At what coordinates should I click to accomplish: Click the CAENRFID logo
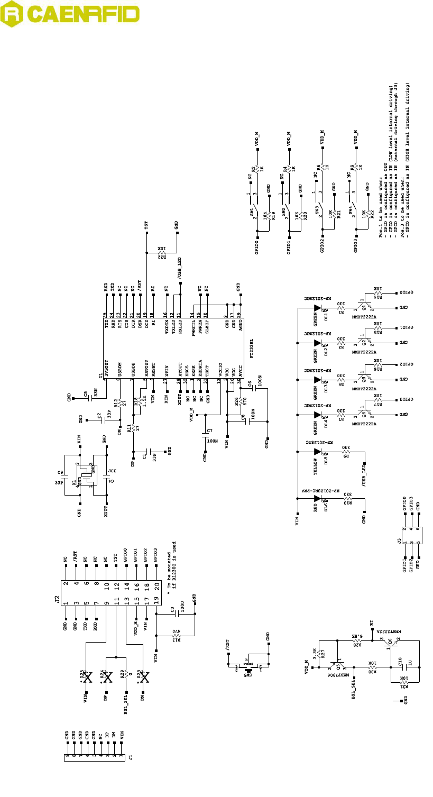click(70, 17)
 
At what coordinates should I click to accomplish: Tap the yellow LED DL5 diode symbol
click(318, 453)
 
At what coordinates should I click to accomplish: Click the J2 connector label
click(57, 599)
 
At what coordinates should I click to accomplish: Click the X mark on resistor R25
click(88, 677)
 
